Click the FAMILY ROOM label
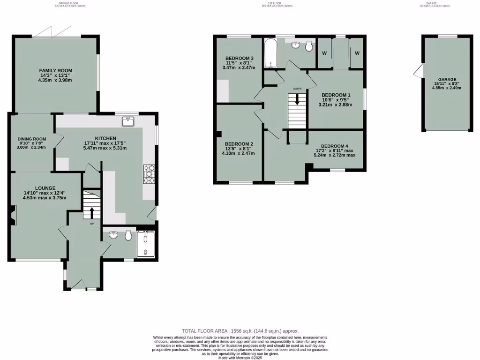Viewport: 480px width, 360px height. [55, 70]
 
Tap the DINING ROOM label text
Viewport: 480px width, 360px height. [32, 139]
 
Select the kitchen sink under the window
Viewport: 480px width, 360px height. [127, 121]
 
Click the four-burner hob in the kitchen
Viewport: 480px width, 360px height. [149, 174]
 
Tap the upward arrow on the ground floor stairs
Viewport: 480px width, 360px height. [91, 213]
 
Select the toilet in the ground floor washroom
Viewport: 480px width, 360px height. [128, 236]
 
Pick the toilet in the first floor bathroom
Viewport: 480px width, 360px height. [309, 46]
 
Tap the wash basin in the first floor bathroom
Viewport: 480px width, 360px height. [296, 45]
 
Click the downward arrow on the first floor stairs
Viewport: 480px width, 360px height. [297, 100]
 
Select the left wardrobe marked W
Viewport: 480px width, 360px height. [324, 53]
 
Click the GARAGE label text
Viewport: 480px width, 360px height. [447, 80]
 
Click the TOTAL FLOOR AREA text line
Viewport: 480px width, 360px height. [240, 330]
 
